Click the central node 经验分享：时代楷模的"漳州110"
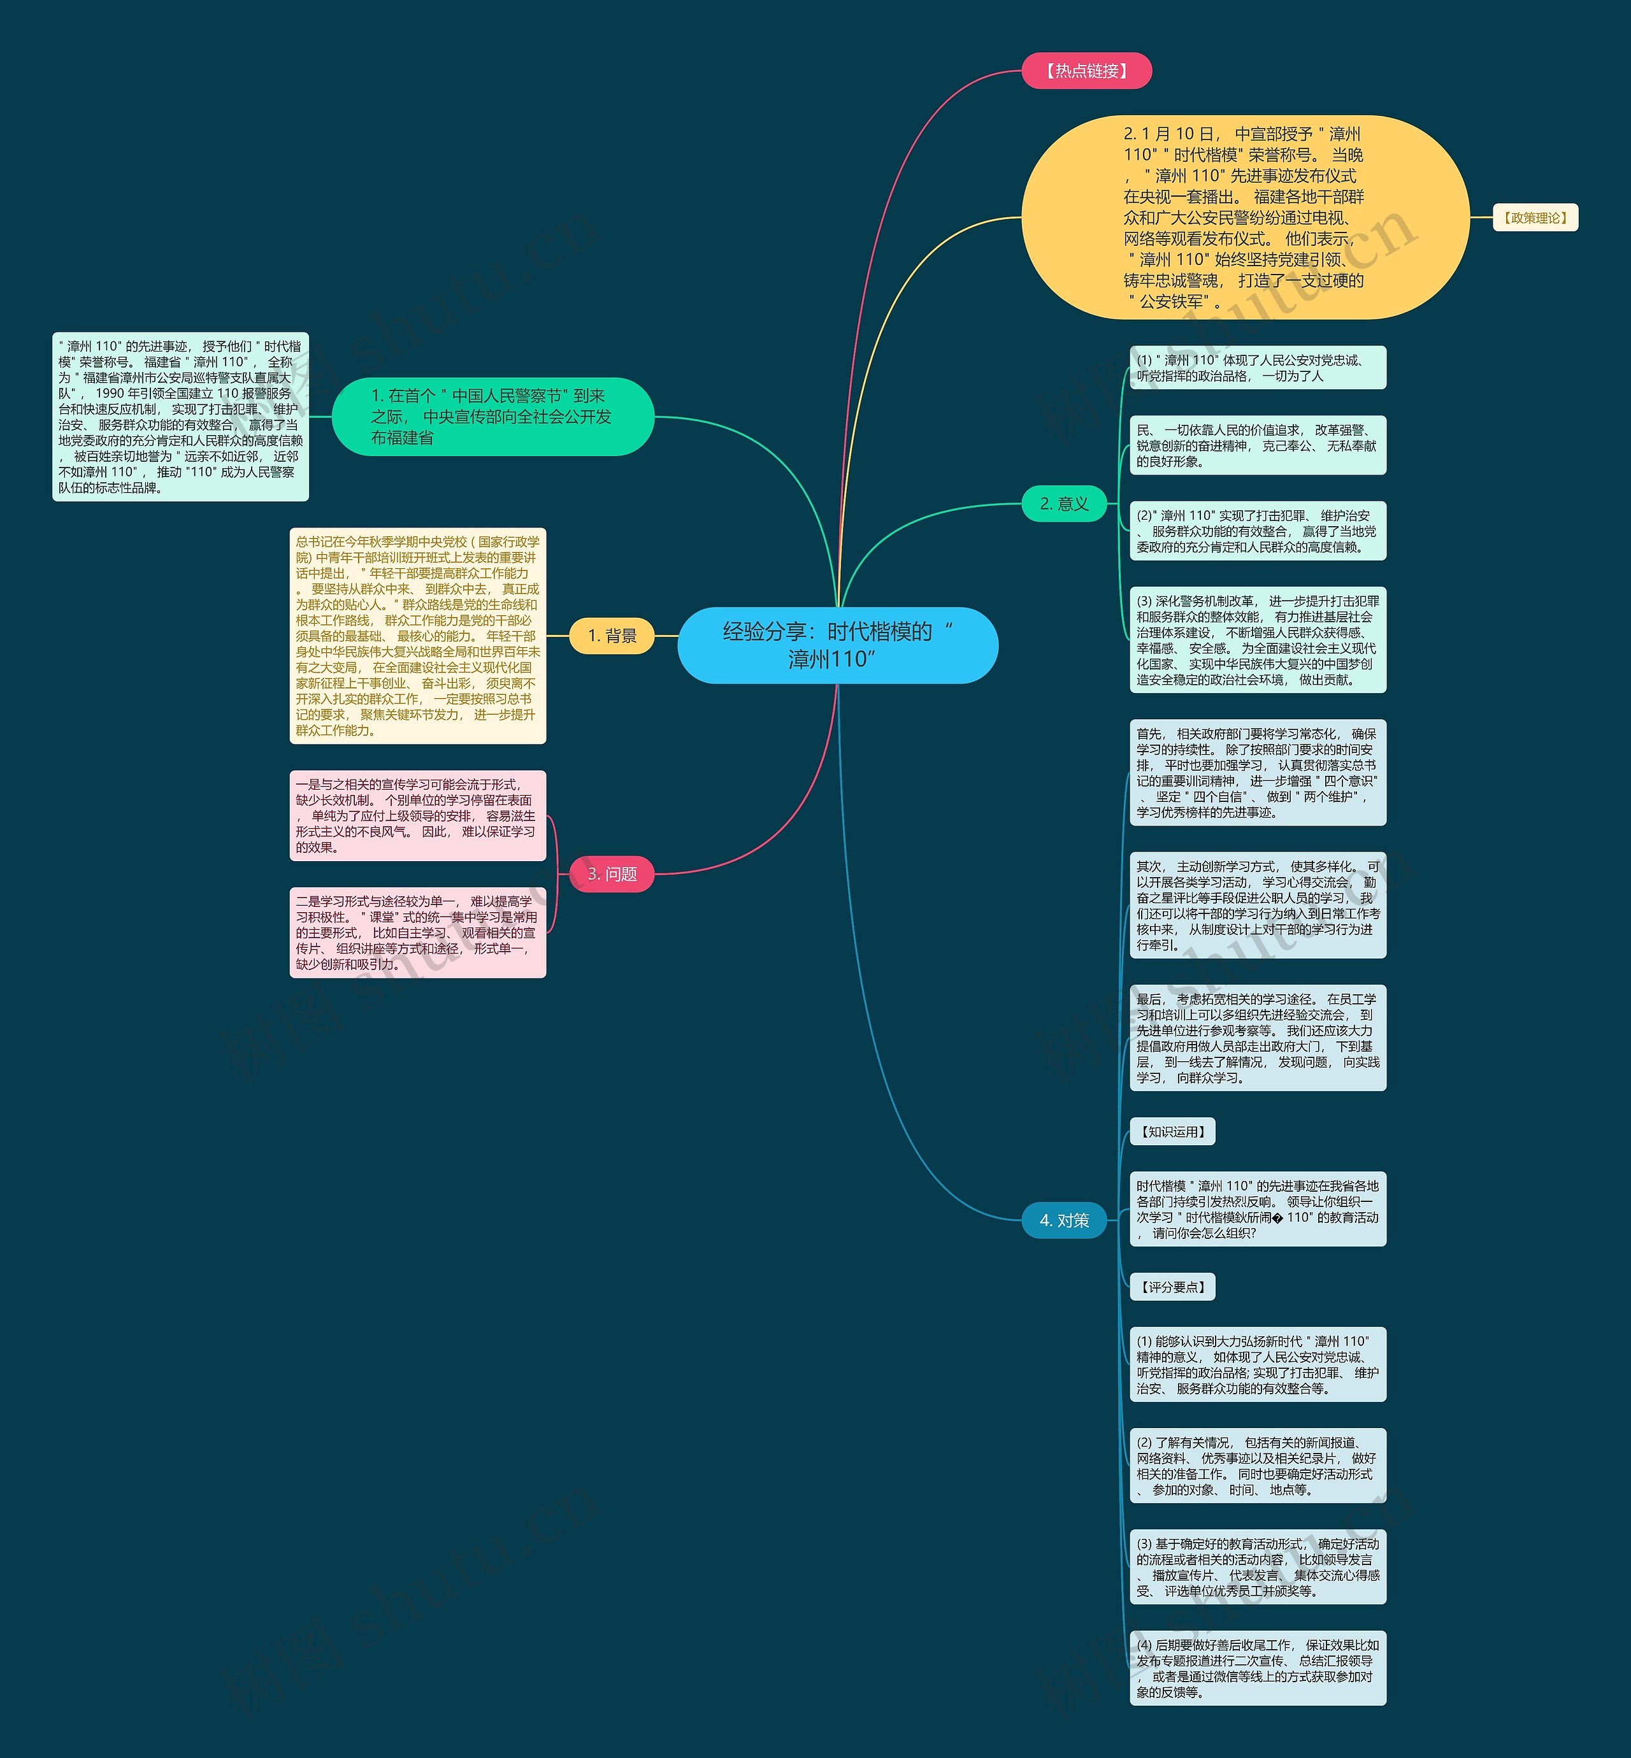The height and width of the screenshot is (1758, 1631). coord(837,645)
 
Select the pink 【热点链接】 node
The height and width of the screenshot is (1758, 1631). coord(1086,71)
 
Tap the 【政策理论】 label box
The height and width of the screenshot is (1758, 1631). coord(1534,218)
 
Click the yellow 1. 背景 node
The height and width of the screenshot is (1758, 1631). coord(612,636)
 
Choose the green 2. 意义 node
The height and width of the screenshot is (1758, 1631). coord(1063,504)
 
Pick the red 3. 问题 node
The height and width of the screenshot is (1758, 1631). coord(612,874)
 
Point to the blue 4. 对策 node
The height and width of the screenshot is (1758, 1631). coord(1063,1220)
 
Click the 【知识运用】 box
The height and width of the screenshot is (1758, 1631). coord(1172,1131)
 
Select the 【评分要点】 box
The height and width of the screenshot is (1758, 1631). coord(1172,1287)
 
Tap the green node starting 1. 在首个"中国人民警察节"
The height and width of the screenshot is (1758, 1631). coord(492,417)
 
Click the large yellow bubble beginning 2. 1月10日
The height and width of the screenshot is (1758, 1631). coord(1244,217)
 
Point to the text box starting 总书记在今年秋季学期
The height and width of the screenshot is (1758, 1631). coord(417,636)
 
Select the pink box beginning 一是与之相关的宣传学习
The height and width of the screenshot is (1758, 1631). coord(417,815)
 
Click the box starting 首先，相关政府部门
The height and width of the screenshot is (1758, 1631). coord(1258,772)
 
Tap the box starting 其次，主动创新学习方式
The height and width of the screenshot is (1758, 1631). coord(1258,904)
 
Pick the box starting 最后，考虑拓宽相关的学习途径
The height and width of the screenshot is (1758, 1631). coord(1258,1038)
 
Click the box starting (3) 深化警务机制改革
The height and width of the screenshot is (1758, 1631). coord(1258,640)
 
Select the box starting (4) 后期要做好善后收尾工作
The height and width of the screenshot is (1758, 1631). coord(1258,1668)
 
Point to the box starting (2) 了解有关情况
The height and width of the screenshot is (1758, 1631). coord(1258,1465)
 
